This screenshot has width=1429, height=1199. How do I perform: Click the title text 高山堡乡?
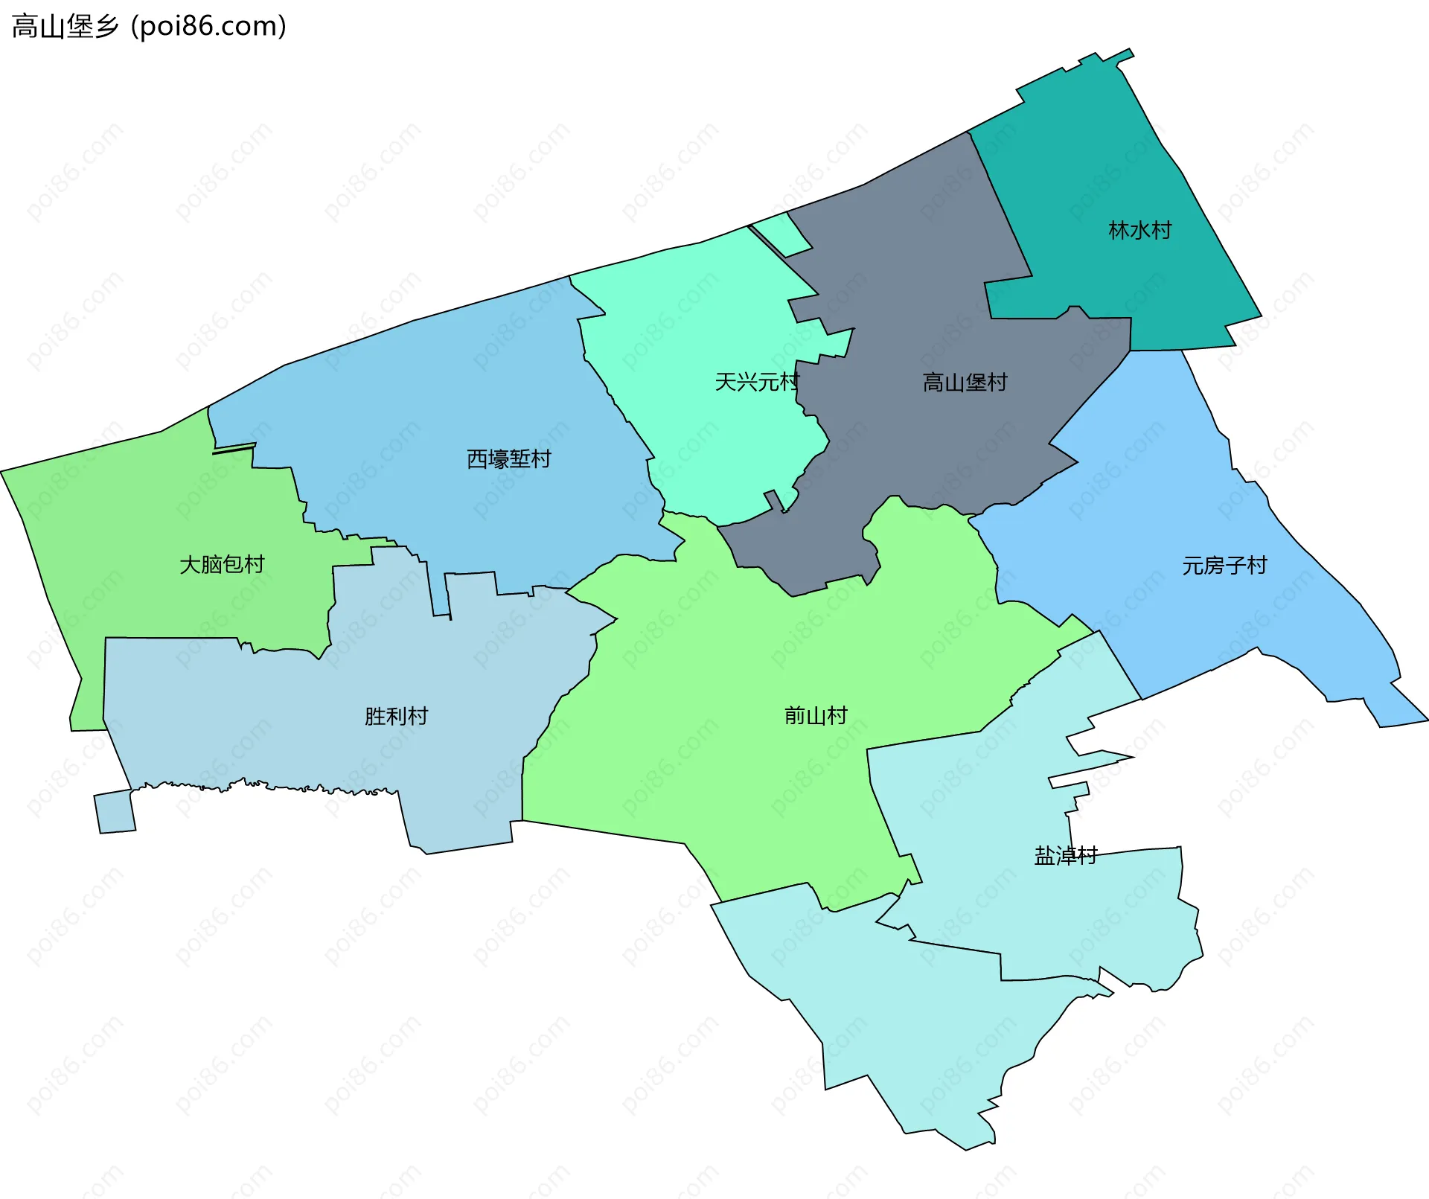click(x=65, y=27)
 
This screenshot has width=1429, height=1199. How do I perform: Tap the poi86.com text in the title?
click(x=208, y=27)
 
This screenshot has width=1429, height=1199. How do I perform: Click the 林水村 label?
click(x=1139, y=230)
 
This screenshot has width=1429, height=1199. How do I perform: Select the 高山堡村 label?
click(x=965, y=383)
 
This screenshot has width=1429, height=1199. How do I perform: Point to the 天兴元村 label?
click(x=756, y=382)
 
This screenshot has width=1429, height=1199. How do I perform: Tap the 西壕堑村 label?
click(x=508, y=458)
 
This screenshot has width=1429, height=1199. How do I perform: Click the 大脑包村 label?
click(x=222, y=564)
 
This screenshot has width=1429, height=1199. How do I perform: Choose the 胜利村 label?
click(x=396, y=716)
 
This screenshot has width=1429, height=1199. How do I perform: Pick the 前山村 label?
click(x=816, y=715)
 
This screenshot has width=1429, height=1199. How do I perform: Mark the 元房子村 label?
click(x=1224, y=566)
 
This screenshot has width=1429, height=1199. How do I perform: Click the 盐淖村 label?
click(x=1065, y=856)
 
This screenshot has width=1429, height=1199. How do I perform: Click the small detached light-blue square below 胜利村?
click(x=115, y=812)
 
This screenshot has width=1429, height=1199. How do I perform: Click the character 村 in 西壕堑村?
click(x=540, y=458)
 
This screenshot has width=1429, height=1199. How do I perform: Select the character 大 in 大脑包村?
click(x=190, y=564)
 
